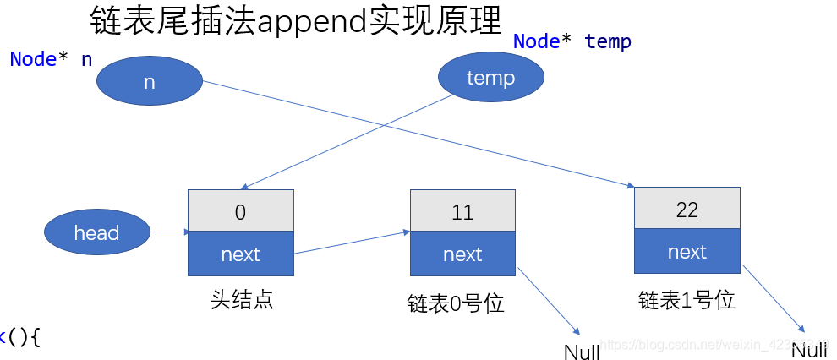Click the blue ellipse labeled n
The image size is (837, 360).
pos(150,82)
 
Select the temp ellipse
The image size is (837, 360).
pos(490,79)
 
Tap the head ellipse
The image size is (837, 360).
pos(96,233)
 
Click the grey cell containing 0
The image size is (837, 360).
pos(240,211)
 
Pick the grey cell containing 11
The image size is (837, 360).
pos(462,211)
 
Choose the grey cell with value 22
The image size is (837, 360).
pos(687,209)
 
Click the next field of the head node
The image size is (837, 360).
pos(240,254)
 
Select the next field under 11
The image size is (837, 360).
pos(462,254)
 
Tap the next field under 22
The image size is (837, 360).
pos(687,252)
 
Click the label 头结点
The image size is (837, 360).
pos(241,300)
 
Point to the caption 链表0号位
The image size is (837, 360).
pos(456,303)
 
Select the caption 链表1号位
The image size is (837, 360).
pos(687,300)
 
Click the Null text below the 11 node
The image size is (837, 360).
pos(582,352)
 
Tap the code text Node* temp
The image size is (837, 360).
pos(572,41)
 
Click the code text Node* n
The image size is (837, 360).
pos(51,60)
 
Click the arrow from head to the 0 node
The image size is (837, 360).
pos(169,232)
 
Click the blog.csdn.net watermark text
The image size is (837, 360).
pos(710,346)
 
